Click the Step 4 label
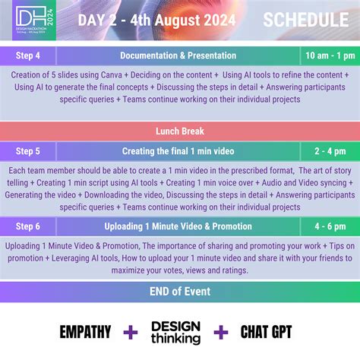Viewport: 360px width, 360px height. point(28,55)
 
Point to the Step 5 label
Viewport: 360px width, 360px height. point(28,150)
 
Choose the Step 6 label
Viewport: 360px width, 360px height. point(28,226)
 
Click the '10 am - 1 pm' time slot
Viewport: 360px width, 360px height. point(329,55)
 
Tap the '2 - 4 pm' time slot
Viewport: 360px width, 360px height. point(329,150)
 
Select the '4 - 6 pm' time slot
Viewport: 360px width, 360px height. point(329,226)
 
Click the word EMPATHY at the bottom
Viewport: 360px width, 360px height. point(85,332)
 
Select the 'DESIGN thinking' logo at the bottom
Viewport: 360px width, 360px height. point(175,332)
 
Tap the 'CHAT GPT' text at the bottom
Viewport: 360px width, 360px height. point(265,332)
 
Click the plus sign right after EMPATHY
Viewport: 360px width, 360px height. point(131,332)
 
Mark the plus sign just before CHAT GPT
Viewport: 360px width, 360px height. point(220,332)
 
